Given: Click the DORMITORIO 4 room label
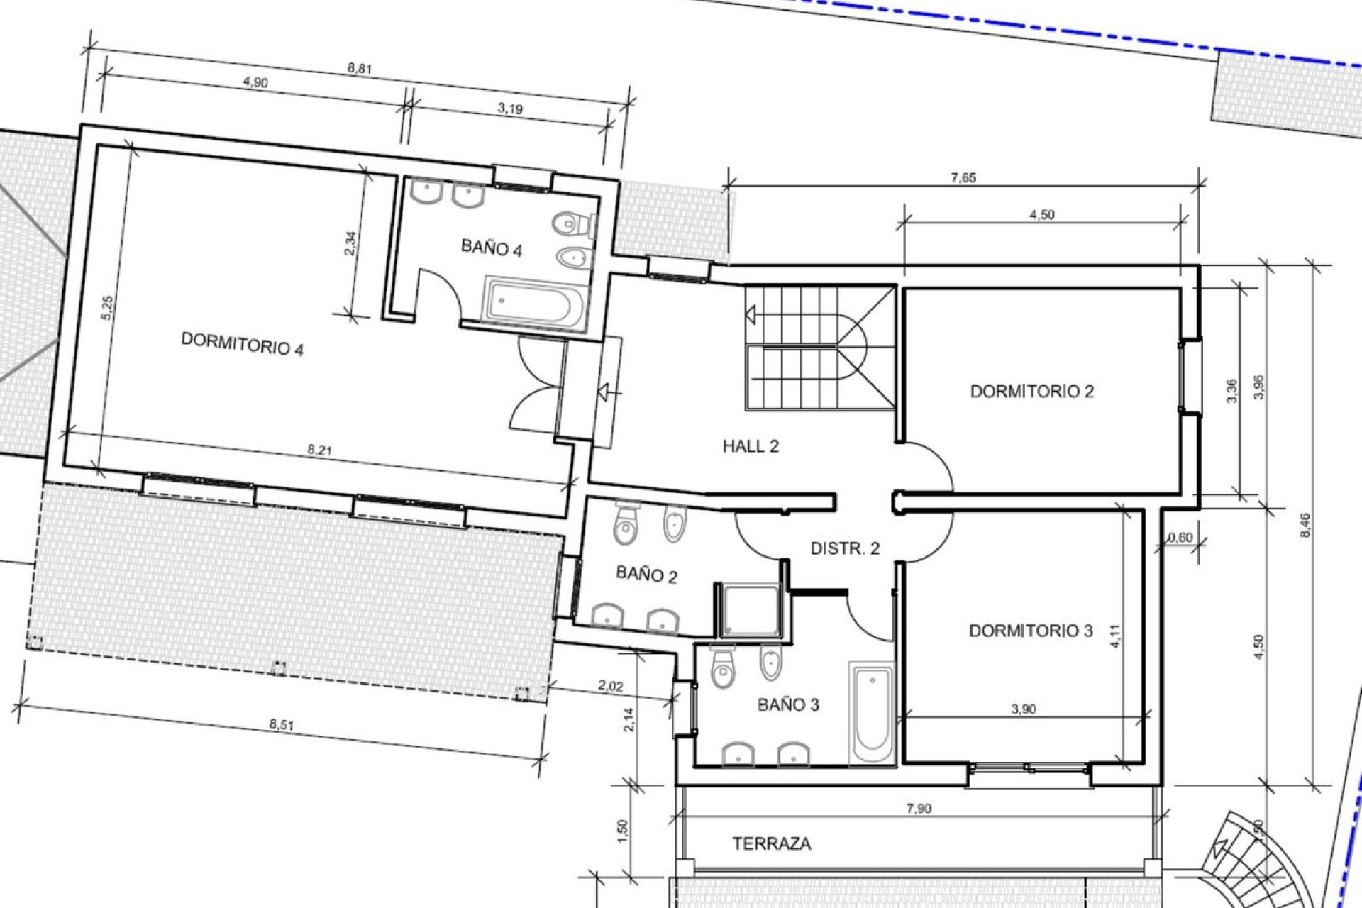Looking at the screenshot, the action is coord(243,344).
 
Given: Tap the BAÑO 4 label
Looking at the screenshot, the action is coord(492,249).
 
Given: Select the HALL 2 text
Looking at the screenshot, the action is coord(751,446).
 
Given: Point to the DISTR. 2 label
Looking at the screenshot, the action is coord(845,548).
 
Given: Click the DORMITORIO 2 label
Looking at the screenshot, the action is coord(1032,391).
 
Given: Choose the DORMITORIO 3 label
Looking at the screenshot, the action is coord(1031,630).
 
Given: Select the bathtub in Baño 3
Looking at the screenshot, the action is coord(872,714).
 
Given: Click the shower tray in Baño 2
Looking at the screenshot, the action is coord(748,610).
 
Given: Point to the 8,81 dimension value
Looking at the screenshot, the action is coord(360,70).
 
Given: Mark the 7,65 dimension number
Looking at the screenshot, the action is coord(963,178).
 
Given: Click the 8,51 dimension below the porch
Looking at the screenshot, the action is coord(282,725).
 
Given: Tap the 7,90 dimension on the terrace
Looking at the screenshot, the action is coord(919,808).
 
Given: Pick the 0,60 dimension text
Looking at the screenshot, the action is coord(1179,538).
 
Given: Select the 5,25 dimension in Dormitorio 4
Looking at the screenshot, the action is coord(108,308).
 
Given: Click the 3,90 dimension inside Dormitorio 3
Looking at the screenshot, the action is coord(1023,709).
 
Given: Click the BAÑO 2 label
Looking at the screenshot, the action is coord(646,574).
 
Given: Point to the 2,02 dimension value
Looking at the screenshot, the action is coord(610,686).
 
